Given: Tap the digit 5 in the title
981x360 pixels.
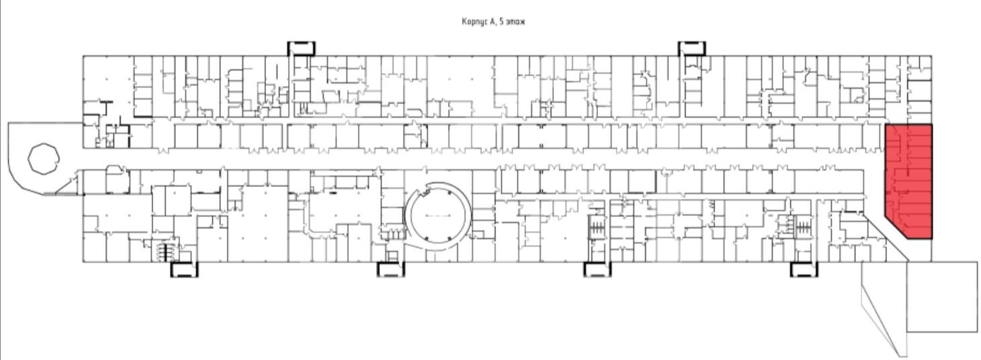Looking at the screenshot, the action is click(501, 21).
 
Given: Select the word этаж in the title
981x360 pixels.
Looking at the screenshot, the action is click(515, 21).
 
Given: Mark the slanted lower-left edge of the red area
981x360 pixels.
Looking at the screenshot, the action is click(896, 228).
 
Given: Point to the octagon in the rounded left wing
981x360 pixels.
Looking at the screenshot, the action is click(44, 159).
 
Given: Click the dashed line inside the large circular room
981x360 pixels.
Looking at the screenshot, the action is click(438, 216).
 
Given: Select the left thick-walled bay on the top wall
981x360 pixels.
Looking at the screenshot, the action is click(301, 48).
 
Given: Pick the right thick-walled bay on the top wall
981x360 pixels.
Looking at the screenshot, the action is click(692, 48).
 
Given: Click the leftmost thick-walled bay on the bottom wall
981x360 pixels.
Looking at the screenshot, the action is click(185, 269).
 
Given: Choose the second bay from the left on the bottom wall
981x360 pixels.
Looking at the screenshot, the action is click(391, 269).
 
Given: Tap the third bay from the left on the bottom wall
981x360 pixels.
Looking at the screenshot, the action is click(597, 269).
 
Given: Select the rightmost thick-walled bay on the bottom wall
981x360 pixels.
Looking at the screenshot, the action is click(804, 269).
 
